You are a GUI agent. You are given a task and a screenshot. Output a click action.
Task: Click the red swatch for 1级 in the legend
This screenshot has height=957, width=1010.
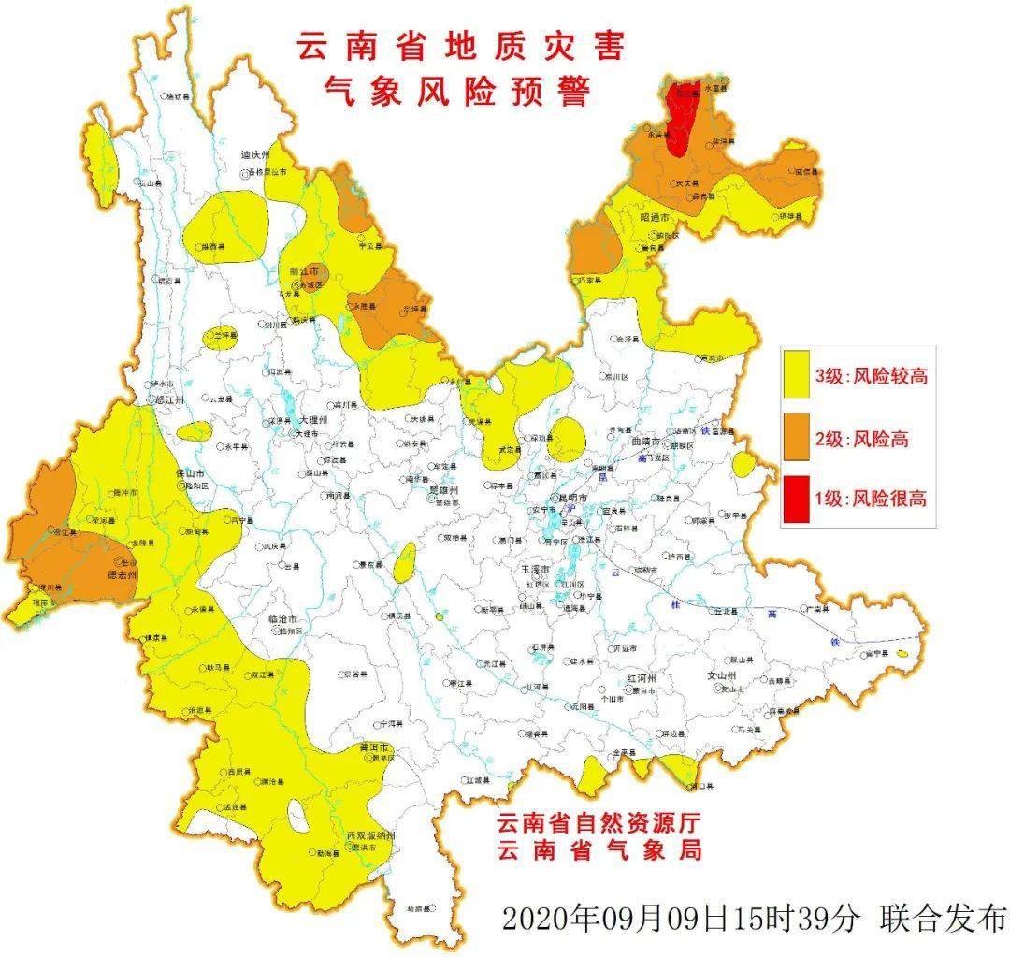pos(797,499)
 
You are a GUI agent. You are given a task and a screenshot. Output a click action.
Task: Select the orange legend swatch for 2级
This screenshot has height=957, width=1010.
pos(797,438)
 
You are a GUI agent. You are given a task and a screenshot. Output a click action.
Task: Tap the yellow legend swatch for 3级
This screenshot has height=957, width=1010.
pos(797,377)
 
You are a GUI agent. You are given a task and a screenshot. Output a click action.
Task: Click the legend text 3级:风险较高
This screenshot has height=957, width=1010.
pos(871,377)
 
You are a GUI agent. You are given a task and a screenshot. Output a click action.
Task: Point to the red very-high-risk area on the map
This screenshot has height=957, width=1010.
pos(684,117)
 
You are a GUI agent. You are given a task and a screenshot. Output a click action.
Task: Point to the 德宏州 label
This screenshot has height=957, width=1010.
pos(119,574)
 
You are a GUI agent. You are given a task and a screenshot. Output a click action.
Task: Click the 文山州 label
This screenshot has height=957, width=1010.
pos(721,675)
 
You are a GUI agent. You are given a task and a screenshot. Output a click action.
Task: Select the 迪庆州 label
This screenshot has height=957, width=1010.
pos(254,155)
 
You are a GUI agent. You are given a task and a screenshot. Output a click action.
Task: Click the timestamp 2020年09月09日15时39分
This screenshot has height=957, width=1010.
pos(680,918)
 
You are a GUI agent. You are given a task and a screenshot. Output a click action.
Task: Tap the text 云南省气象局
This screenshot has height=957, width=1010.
pos(599,850)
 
